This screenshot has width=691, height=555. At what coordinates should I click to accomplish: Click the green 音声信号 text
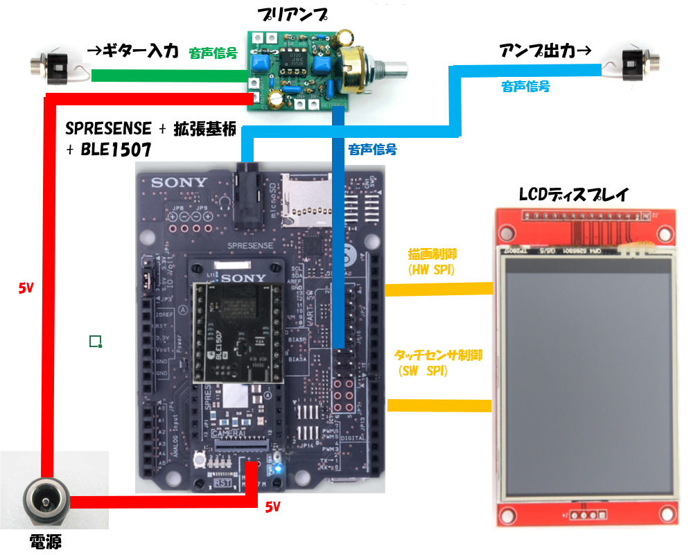click(213, 53)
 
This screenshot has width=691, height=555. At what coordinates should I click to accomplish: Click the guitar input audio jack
click(49, 67)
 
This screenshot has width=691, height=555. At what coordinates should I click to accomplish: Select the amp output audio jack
click(638, 64)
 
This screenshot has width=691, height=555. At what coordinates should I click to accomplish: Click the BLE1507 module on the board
click(237, 326)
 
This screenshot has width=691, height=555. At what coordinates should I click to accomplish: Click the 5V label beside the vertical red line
click(26, 288)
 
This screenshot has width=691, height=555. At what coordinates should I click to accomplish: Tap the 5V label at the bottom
click(273, 507)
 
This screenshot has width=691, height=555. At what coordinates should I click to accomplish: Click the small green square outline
click(96, 340)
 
